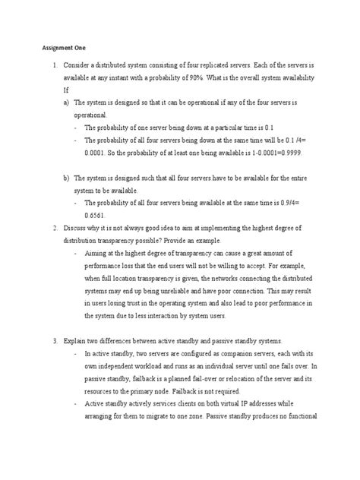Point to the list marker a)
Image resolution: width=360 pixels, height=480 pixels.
point(67,101)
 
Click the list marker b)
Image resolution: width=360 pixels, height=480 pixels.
point(67,178)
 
